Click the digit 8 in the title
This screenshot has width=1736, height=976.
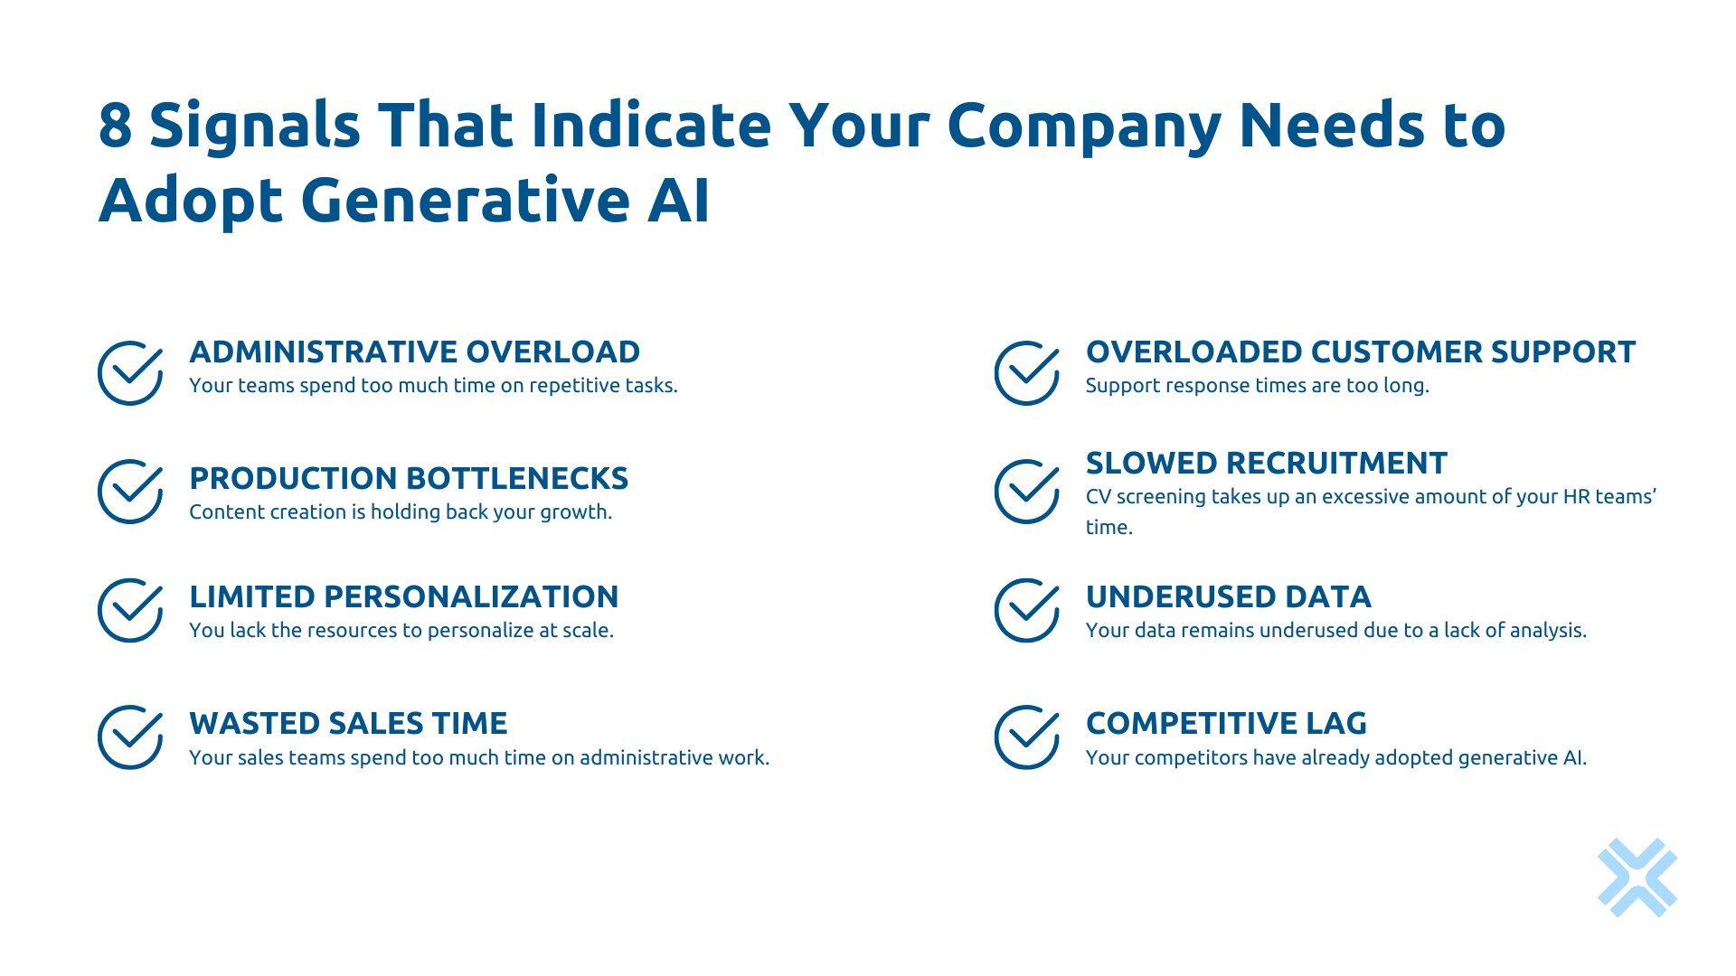pos(115,126)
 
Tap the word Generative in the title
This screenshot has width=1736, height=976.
pos(465,201)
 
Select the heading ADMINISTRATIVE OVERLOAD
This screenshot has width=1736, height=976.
pos(414,352)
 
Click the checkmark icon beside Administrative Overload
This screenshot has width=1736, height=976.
pos(130,372)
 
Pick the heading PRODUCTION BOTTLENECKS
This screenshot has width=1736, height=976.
pos(408,478)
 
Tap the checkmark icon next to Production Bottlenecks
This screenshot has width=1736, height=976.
pos(130,492)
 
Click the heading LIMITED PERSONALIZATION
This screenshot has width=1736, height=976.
pos(403,596)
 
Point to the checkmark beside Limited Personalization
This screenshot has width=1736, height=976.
pos(130,610)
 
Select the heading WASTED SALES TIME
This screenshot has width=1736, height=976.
pos(348,723)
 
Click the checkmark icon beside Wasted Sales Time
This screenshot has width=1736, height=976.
pos(130,737)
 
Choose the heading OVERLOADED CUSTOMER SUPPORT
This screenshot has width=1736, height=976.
pos(1360,352)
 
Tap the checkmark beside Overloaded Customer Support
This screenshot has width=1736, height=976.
pos(1026,372)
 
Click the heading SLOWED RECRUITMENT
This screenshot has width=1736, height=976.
pos(1266,463)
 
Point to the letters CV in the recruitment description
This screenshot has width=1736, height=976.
pos(1098,497)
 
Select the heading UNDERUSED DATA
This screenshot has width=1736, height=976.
pos(1228,596)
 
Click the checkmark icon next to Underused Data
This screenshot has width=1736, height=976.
pos(1026,610)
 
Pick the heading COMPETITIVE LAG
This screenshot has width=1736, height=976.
pos(1225,723)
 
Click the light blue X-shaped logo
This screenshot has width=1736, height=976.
pos(1637,877)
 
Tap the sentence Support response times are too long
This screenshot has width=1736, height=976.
pos(1257,386)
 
